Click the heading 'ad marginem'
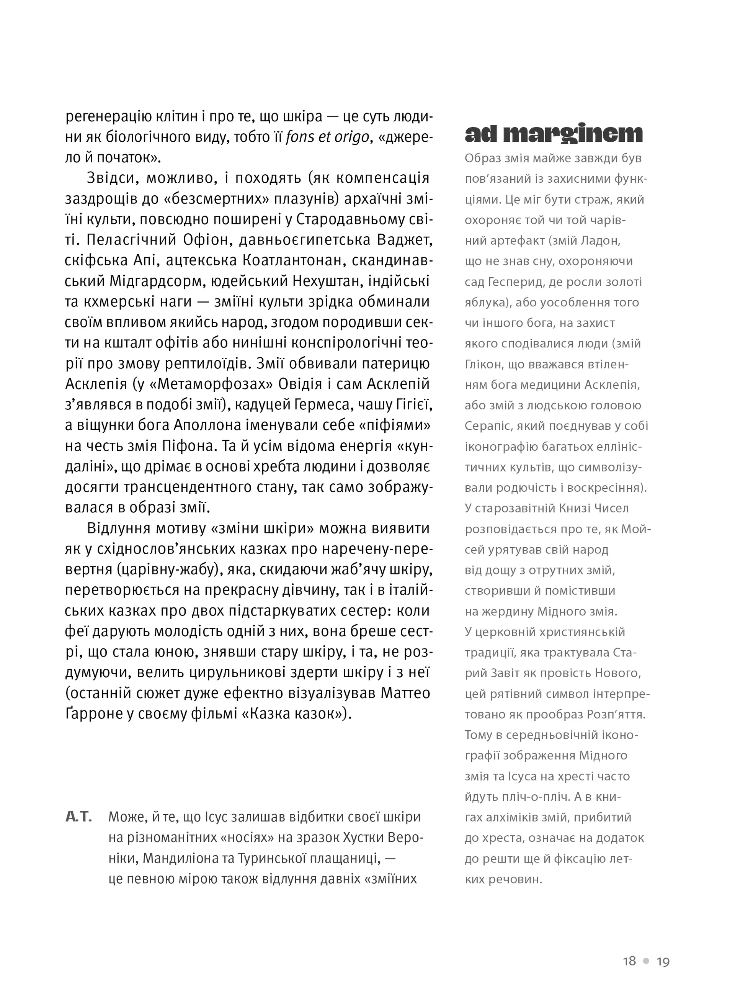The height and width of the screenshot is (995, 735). coord(554,134)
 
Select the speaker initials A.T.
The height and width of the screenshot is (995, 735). coord(78,817)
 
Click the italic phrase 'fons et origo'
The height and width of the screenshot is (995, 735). coord(327,137)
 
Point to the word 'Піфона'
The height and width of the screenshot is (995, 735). coord(184,446)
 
